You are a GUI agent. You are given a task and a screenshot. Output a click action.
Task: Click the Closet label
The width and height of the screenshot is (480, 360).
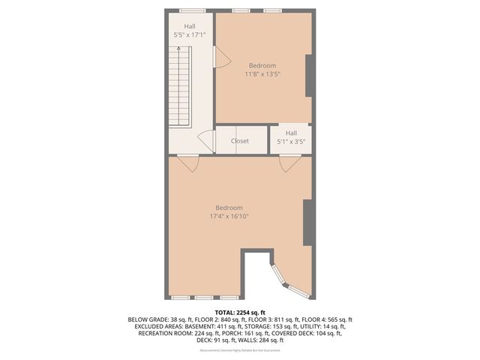click(x=240, y=141)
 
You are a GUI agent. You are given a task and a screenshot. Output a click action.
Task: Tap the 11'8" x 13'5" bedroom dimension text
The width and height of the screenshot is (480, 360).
click(x=262, y=73)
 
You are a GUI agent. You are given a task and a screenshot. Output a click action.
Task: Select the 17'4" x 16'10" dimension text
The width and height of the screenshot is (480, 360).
click(x=229, y=216)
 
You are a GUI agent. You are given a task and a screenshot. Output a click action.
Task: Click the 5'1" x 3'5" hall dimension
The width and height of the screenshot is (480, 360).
click(x=291, y=141)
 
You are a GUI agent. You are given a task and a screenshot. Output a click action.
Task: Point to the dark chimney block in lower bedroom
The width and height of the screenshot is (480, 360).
click(x=307, y=223)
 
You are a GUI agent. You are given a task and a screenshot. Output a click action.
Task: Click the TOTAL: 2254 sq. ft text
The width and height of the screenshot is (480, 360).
click(x=240, y=312)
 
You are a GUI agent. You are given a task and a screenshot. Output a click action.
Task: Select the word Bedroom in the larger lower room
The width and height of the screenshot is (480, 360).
click(x=229, y=208)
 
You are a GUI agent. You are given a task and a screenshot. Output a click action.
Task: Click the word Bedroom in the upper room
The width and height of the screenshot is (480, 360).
click(x=262, y=65)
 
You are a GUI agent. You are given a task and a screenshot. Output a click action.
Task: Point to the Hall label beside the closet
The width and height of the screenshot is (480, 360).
click(x=291, y=133)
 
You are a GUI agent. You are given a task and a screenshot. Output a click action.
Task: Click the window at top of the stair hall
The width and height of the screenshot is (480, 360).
click(x=192, y=10)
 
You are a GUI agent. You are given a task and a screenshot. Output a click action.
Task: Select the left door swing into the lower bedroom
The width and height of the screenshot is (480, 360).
click(x=188, y=163)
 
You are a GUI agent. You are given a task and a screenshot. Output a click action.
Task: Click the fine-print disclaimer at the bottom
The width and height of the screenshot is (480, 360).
click(x=240, y=350)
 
